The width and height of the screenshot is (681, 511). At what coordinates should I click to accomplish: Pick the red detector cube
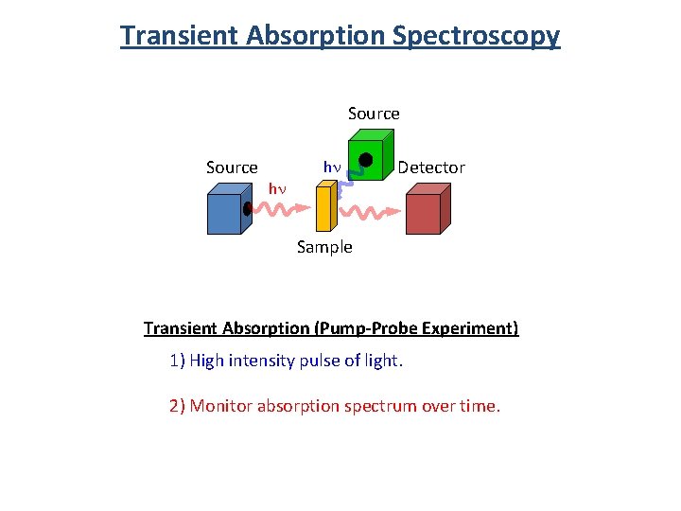coord(427,210)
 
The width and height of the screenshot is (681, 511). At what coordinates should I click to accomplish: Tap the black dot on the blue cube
coord(247,210)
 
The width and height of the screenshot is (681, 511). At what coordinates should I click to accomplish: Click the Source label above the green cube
coord(374,114)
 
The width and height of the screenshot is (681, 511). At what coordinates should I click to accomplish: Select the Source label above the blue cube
coord(232,167)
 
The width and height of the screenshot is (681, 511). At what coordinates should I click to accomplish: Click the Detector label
coord(431,167)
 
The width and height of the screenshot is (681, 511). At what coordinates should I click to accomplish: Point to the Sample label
coord(324,247)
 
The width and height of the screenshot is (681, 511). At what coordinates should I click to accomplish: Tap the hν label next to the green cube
coord(332,167)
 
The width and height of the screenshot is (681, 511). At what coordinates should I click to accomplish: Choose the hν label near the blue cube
coord(277,188)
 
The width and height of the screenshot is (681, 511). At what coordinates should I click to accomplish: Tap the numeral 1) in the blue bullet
coord(177,361)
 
